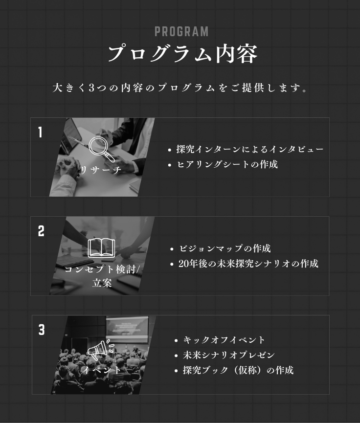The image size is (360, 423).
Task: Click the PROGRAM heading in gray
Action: pos(181,32)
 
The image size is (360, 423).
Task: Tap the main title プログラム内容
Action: pos(183,54)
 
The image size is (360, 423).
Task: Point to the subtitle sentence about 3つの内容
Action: pos(180,88)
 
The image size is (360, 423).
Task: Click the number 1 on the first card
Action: pos(40,132)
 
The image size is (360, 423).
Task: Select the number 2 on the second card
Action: pos(41,231)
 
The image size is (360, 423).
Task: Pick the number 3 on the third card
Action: pos(41,330)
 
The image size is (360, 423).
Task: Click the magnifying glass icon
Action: pos(102,149)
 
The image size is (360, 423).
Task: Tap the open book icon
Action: pos(101,247)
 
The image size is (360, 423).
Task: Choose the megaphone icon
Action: pos(101,350)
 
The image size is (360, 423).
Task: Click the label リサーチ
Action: pos(101,170)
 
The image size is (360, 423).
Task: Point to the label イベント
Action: pos(101,370)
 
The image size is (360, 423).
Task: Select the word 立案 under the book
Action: pos(102,283)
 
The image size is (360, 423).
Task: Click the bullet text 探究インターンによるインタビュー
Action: pos(250,149)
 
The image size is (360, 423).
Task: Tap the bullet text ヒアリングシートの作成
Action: pos(227,164)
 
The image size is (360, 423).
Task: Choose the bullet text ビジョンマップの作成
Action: pos(225,248)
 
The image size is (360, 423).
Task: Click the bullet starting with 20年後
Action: pos(248,264)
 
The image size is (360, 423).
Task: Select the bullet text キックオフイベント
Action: pos(224,340)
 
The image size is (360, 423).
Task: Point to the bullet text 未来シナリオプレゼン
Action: pos(229,355)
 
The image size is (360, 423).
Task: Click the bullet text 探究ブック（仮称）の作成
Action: pos(238,370)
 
